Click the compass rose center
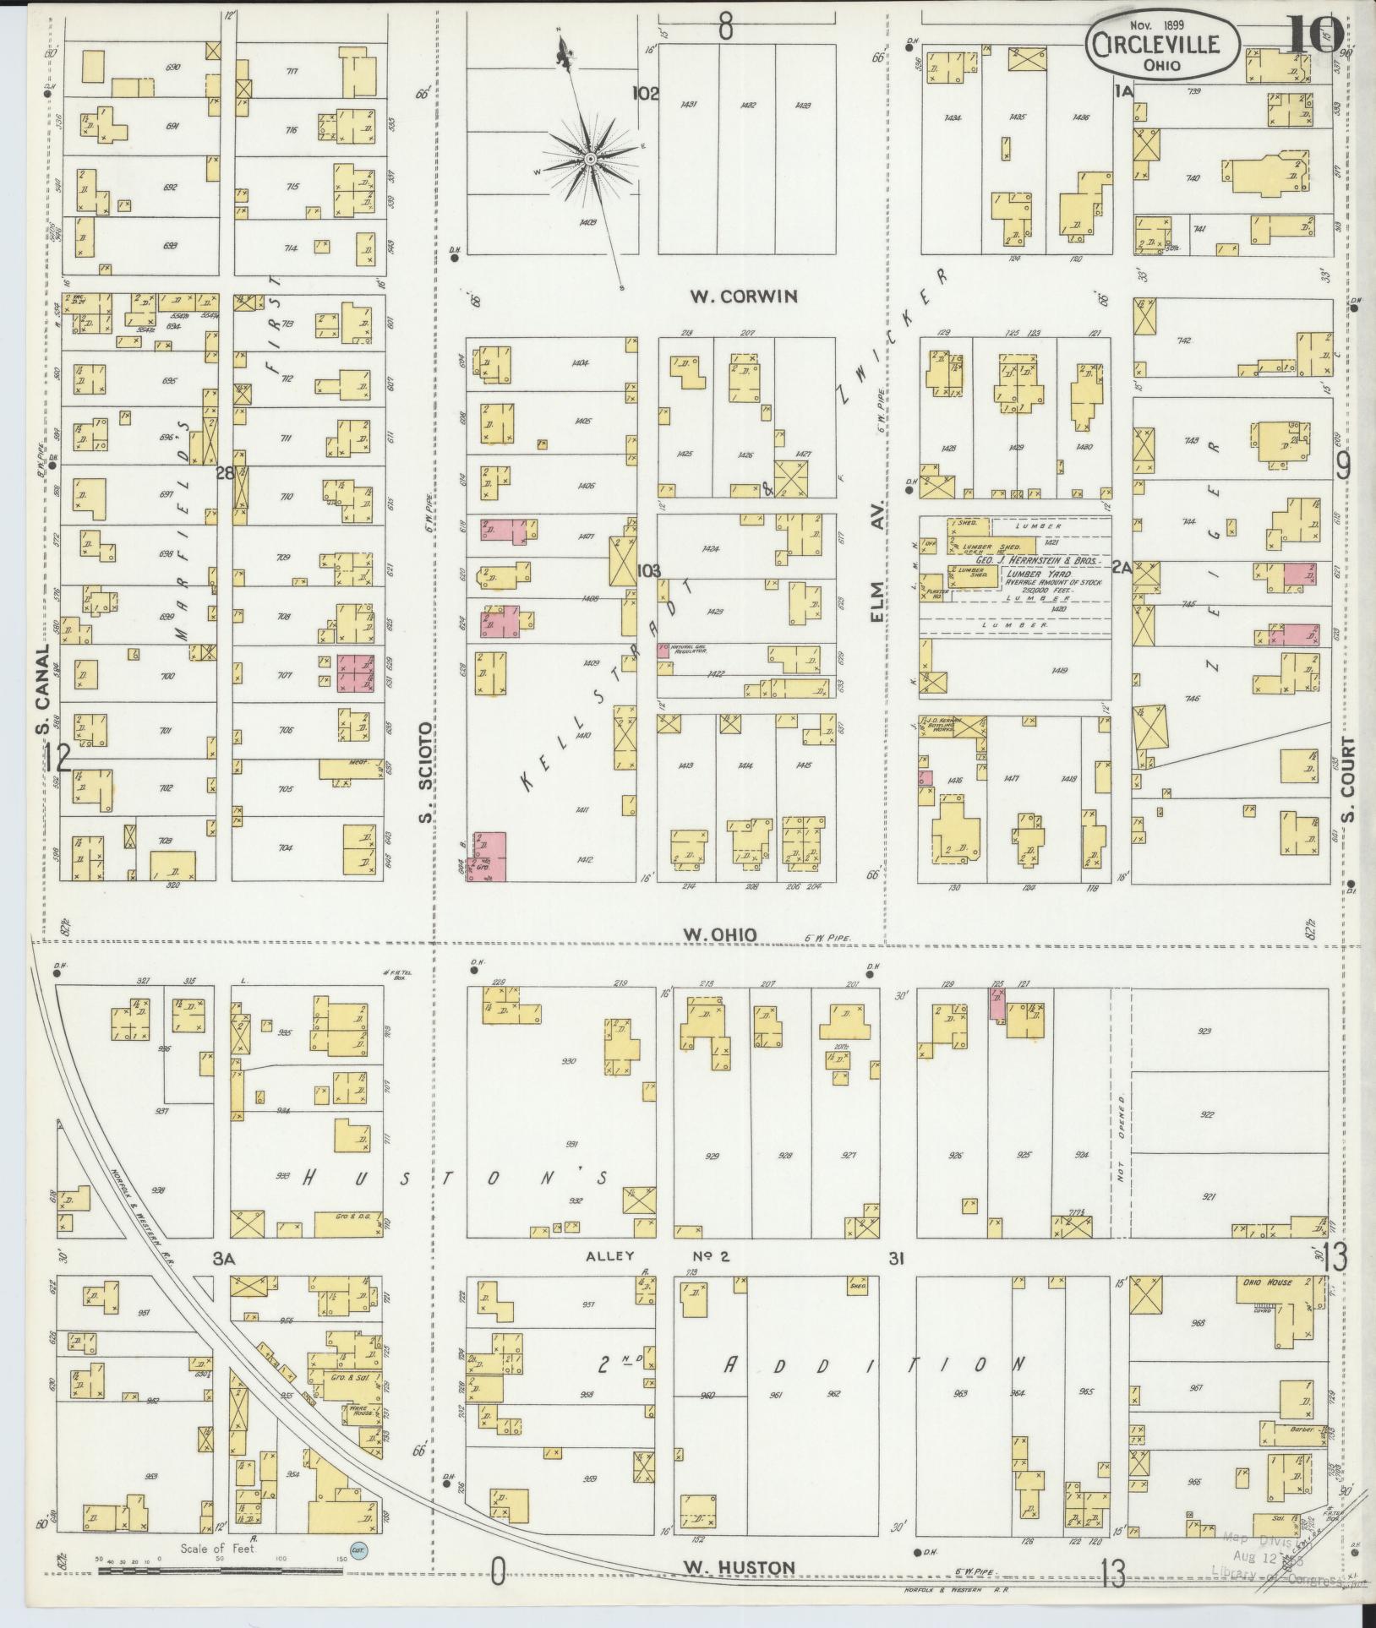(589, 159)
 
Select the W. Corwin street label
(744, 296)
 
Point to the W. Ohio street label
(719, 934)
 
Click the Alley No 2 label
(657, 1280)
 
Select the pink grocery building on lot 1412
(489, 856)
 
